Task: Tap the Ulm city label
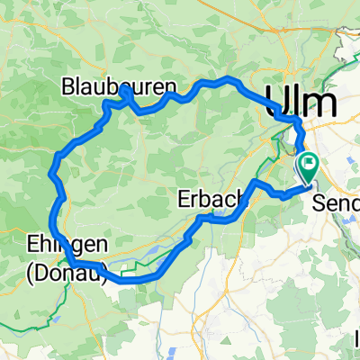click(x=303, y=99)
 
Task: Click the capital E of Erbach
click(x=185, y=197)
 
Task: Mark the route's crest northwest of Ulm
click(x=229, y=80)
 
